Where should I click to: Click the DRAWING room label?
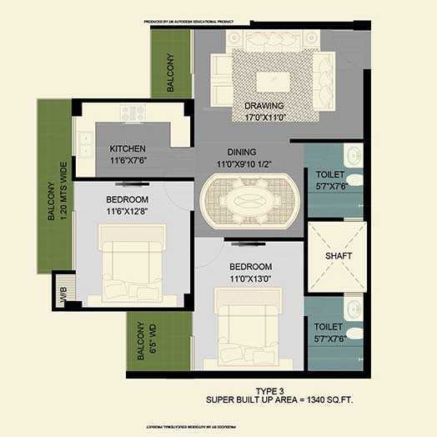[264, 106]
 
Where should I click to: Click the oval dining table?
[249, 201]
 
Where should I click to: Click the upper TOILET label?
[330, 175]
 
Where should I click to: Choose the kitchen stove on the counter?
[132, 113]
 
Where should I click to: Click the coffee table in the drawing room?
[272, 80]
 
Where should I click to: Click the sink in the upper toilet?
[354, 155]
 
